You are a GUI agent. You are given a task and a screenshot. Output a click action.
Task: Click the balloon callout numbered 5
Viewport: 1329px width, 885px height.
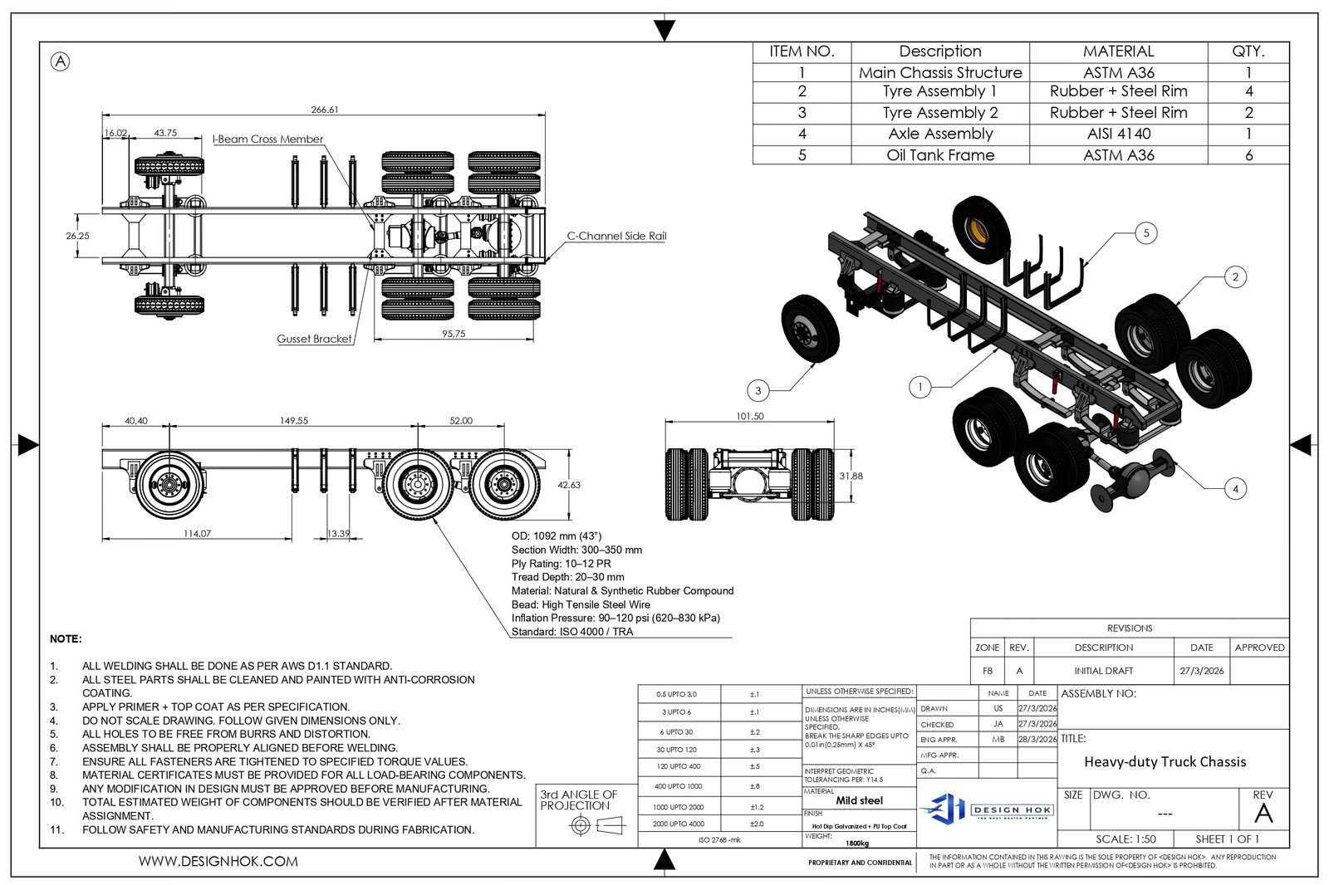pyautogui.click(x=1146, y=233)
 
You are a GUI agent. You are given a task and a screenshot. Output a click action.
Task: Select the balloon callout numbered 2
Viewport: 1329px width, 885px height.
pyautogui.click(x=1235, y=277)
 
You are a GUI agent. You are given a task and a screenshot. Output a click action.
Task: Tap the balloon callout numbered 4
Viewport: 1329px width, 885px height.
pyautogui.click(x=1235, y=489)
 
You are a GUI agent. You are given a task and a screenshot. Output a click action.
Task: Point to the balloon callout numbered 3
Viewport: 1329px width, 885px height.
pyautogui.click(x=758, y=390)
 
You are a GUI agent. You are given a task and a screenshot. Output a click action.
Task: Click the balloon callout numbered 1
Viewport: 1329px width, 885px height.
pyautogui.click(x=920, y=387)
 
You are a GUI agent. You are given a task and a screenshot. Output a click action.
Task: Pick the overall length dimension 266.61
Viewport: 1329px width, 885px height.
pyautogui.click(x=325, y=110)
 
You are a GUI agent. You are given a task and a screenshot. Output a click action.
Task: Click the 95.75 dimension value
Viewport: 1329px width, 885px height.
pyautogui.click(x=454, y=334)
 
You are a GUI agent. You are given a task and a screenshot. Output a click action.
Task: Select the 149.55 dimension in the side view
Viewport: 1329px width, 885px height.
pyautogui.click(x=294, y=421)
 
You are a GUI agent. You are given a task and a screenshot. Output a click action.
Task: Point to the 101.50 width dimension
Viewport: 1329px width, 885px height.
pyautogui.click(x=750, y=417)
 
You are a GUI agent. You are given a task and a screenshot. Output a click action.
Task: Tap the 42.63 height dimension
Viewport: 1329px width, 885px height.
pyautogui.click(x=569, y=485)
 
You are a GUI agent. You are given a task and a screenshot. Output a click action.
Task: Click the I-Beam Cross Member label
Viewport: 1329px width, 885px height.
pyautogui.click(x=268, y=139)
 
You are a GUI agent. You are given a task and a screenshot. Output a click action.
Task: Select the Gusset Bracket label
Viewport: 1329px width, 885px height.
pyautogui.click(x=314, y=339)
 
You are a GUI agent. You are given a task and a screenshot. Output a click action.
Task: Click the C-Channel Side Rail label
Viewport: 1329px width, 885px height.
pyautogui.click(x=616, y=236)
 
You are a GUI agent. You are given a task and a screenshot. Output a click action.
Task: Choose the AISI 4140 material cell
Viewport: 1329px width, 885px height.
pyautogui.click(x=1118, y=134)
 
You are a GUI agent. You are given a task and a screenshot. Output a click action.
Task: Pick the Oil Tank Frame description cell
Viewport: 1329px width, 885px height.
pyautogui.click(x=940, y=155)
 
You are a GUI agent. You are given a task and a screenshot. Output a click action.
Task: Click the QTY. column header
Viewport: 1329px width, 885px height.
pyautogui.click(x=1248, y=51)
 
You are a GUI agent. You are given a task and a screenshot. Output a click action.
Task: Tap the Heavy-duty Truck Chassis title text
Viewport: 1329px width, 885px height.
pyautogui.click(x=1165, y=761)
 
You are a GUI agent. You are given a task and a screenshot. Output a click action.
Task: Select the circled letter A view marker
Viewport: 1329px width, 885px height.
pyautogui.click(x=61, y=61)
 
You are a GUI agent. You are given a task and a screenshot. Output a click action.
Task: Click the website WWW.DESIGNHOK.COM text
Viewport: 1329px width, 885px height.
pyautogui.click(x=218, y=862)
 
